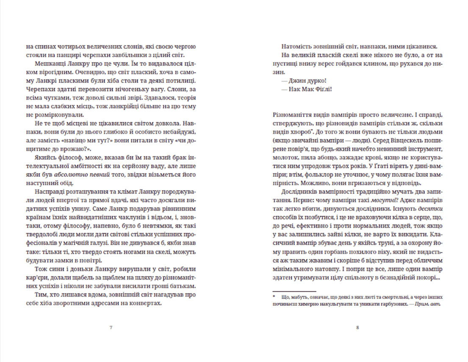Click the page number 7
pos(111,327)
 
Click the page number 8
pos(357,327)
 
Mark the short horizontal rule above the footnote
pos(294,291)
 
